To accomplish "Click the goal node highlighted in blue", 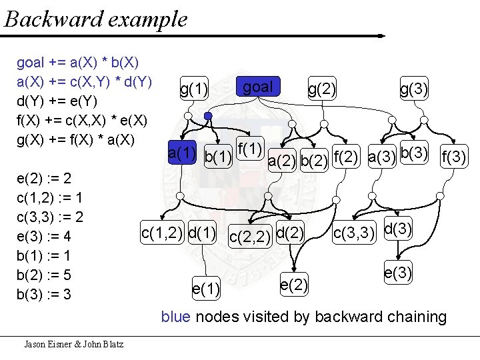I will (x=259, y=87).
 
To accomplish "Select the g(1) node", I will (x=194, y=88).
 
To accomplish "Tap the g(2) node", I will (x=321, y=88).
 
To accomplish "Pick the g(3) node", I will (x=413, y=88).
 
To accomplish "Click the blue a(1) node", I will (x=182, y=153).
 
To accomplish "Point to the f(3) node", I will (x=455, y=157).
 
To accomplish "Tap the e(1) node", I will (x=206, y=289).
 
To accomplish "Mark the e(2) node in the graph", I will (x=294, y=285).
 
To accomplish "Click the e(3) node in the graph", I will (x=398, y=272).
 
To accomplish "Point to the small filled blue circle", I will (x=208, y=116).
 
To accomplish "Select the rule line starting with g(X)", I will (x=75, y=141).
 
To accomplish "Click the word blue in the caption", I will (x=175, y=317).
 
